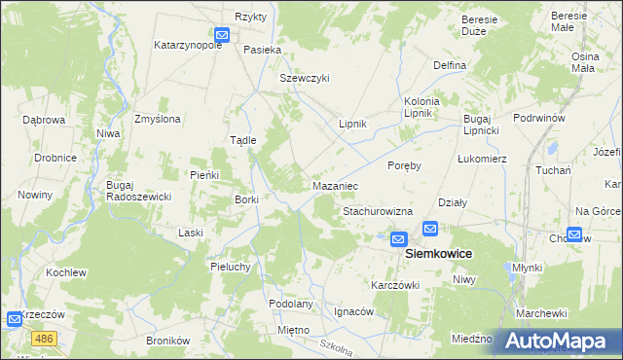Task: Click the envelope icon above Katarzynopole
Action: click(221, 35)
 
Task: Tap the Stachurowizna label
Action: click(378, 211)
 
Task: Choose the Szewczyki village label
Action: click(305, 78)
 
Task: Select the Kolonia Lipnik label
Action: click(422, 107)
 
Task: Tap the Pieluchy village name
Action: click(233, 266)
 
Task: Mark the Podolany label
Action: click(291, 304)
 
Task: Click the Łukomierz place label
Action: click(482, 158)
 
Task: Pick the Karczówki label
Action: click(394, 285)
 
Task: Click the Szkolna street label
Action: click(335, 346)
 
